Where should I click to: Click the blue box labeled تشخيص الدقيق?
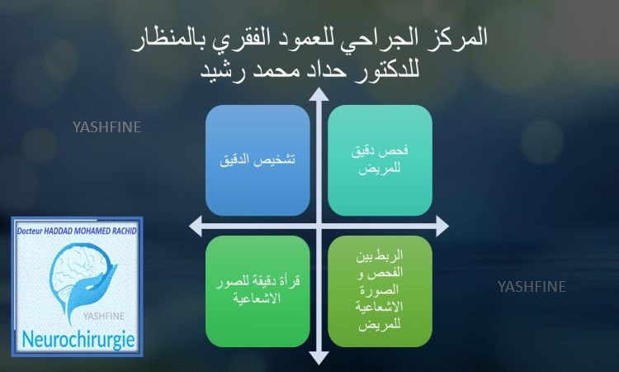pos(258,160)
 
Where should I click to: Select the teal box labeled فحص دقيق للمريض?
pos(380,160)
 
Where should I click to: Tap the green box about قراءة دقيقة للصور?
pos(258,291)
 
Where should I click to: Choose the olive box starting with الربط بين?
pos(380,291)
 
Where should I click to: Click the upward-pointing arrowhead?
pos(319,94)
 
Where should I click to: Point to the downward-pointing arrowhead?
pos(319,358)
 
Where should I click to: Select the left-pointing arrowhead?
pos(196,227)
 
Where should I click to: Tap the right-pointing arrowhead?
pos(442,227)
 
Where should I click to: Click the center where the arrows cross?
pos(319,227)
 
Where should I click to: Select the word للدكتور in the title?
pos(384,69)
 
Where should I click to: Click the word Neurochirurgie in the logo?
pos(78,340)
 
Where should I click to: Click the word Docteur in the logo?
pos(30,231)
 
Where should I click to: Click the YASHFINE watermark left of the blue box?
pos(107,127)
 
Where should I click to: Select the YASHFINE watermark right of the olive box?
pos(532,287)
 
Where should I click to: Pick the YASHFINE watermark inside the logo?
pos(103,316)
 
